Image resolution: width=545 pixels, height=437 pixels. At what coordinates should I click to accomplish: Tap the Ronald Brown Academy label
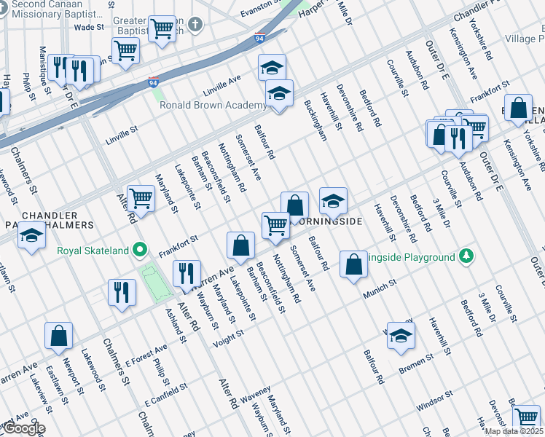[213, 106]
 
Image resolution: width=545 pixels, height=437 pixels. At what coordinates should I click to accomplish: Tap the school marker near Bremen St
[401, 336]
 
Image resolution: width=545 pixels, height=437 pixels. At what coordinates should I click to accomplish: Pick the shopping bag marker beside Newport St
[58, 336]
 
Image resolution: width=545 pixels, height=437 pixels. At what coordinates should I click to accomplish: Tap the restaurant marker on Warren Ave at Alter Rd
[187, 275]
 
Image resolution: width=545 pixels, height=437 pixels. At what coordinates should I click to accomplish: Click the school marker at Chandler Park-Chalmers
[31, 237]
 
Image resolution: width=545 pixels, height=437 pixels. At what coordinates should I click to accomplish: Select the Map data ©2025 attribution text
[514, 431]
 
